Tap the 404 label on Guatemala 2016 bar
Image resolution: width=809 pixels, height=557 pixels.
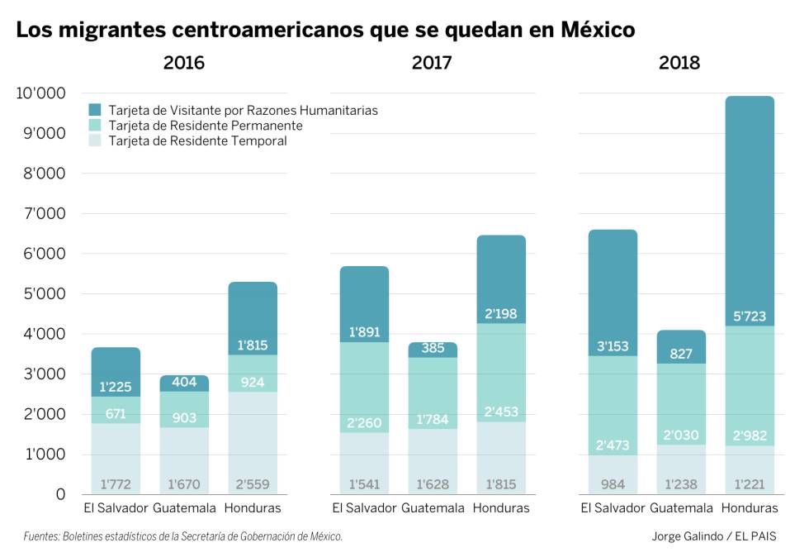tap(184, 383)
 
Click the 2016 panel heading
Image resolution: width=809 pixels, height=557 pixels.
tap(184, 63)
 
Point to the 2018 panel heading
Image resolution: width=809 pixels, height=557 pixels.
tap(679, 63)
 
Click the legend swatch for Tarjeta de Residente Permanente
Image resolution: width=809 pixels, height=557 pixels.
tap(95, 126)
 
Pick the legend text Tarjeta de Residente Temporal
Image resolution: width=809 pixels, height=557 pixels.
tap(197, 141)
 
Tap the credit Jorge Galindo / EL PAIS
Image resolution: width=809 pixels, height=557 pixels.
tap(713, 536)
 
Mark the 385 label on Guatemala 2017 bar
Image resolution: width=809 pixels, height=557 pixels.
tap(433, 349)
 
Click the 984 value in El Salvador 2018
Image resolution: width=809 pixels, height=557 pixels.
tap(613, 484)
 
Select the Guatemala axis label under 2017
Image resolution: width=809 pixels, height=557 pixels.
tap(433, 508)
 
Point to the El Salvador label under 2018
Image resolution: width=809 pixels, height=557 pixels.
tap(613, 508)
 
